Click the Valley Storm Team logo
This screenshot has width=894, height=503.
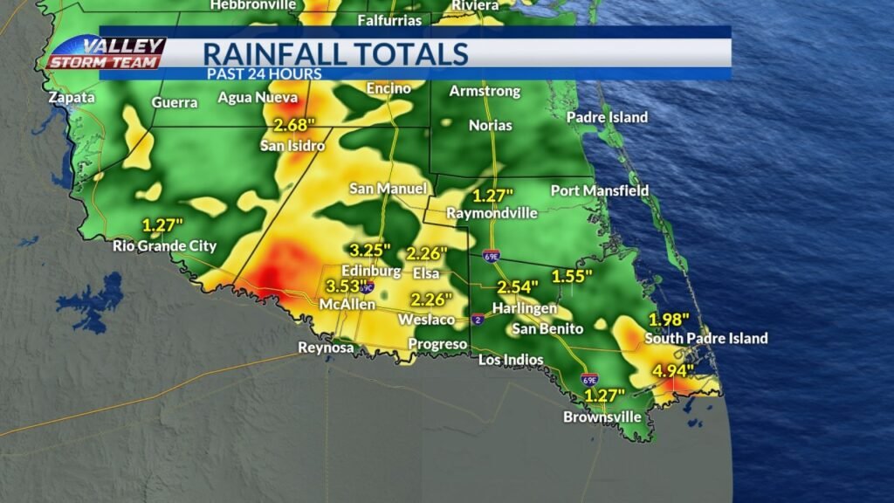[106, 53]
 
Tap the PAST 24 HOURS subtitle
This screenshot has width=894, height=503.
[264, 74]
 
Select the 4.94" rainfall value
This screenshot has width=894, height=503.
[673, 371]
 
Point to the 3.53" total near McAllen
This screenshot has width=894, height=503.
[347, 286]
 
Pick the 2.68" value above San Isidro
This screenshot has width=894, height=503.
[294, 125]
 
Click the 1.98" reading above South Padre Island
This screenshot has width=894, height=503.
[669, 319]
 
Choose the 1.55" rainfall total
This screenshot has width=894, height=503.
[572, 277]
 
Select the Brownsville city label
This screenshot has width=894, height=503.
[602, 417]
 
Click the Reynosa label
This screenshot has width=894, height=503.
[326, 348]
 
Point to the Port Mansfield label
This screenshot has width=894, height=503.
[600, 190]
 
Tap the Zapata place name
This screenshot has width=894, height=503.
[72, 98]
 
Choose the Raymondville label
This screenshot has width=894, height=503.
[490, 213]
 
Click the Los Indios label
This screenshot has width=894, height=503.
[511, 360]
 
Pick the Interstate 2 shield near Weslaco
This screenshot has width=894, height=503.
[478, 320]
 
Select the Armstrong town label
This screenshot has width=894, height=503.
[485, 92]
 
